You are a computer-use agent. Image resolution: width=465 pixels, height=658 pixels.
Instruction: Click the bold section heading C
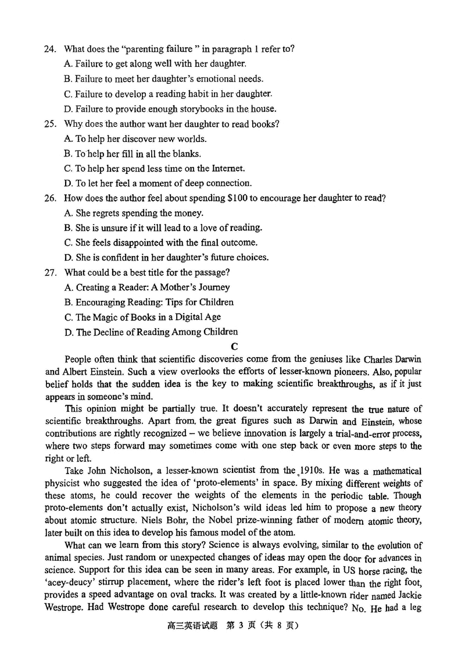pyautogui.click(x=234, y=347)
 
